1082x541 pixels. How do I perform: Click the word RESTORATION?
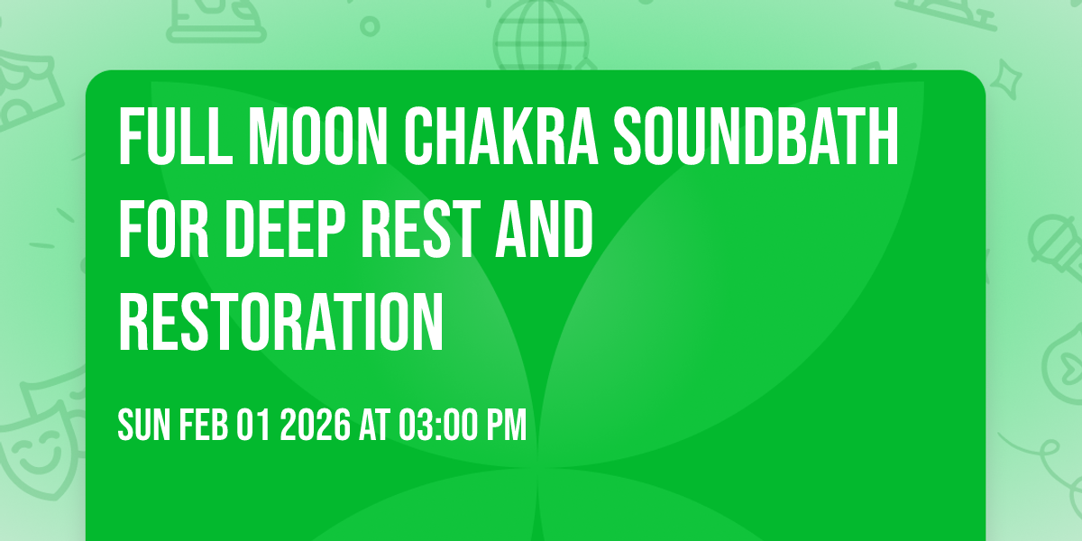pos(281,322)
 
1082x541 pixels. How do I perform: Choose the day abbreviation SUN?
pos(142,426)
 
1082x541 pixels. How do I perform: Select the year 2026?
pos(314,426)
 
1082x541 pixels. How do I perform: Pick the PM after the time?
pos(507,426)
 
